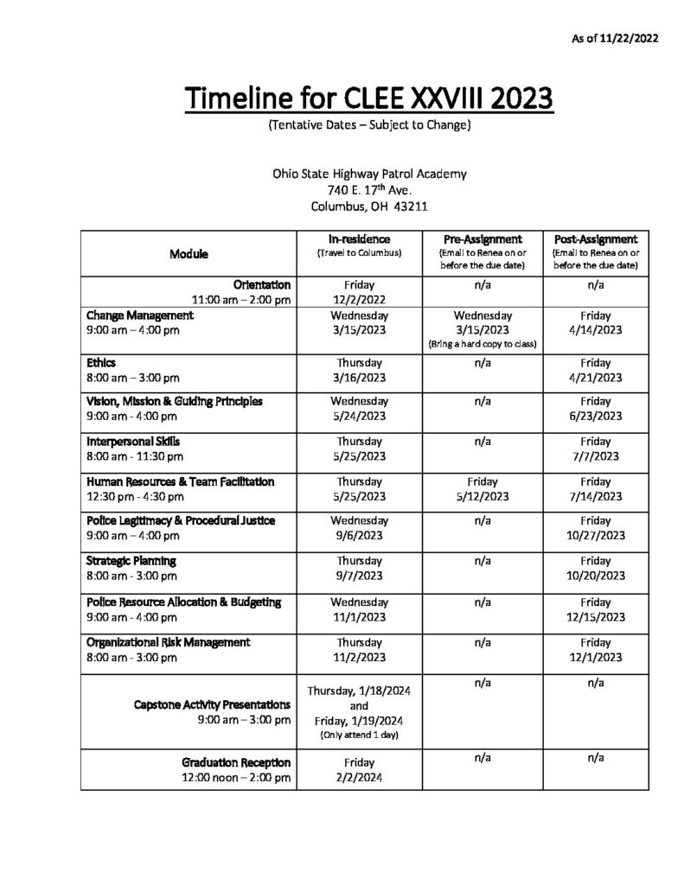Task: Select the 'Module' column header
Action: pos(189,254)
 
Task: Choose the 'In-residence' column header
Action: pos(359,239)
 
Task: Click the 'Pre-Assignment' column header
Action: pos(483,239)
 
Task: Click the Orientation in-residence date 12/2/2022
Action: pos(358,299)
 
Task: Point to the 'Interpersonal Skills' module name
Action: pos(133,440)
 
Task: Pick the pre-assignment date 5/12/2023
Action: pos(483,496)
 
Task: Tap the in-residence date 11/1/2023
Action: pos(358,617)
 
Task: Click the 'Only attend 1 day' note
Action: pos(358,735)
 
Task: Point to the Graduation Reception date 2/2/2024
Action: pos(358,777)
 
